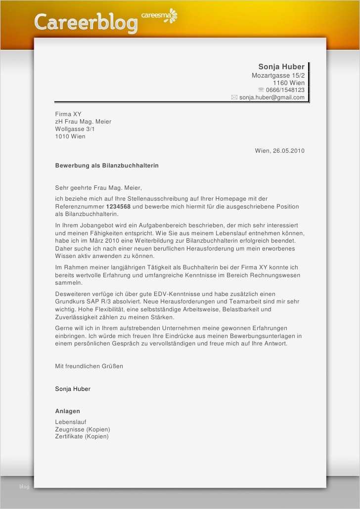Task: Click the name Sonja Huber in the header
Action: tap(281, 67)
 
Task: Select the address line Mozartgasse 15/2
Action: tap(278, 75)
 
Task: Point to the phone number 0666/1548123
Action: tap(285, 90)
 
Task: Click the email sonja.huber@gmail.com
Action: tap(271, 97)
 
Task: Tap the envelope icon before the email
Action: tap(234, 97)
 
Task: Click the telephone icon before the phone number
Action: tap(261, 90)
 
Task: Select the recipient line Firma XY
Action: tap(68, 114)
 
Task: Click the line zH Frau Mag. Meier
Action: tap(83, 122)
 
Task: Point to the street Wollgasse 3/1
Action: tap(75, 129)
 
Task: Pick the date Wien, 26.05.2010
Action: tap(279, 151)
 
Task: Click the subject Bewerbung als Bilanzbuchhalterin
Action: tap(107, 166)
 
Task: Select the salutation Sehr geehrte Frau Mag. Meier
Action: tap(98, 188)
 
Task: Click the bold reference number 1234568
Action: tap(118, 207)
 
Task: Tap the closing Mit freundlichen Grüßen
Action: tap(89, 366)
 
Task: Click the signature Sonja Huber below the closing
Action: tap(73, 389)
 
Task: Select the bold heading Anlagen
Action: tap(67, 411)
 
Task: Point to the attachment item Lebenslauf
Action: tap(71, 422)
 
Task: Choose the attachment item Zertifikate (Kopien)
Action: tap(82, 436)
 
